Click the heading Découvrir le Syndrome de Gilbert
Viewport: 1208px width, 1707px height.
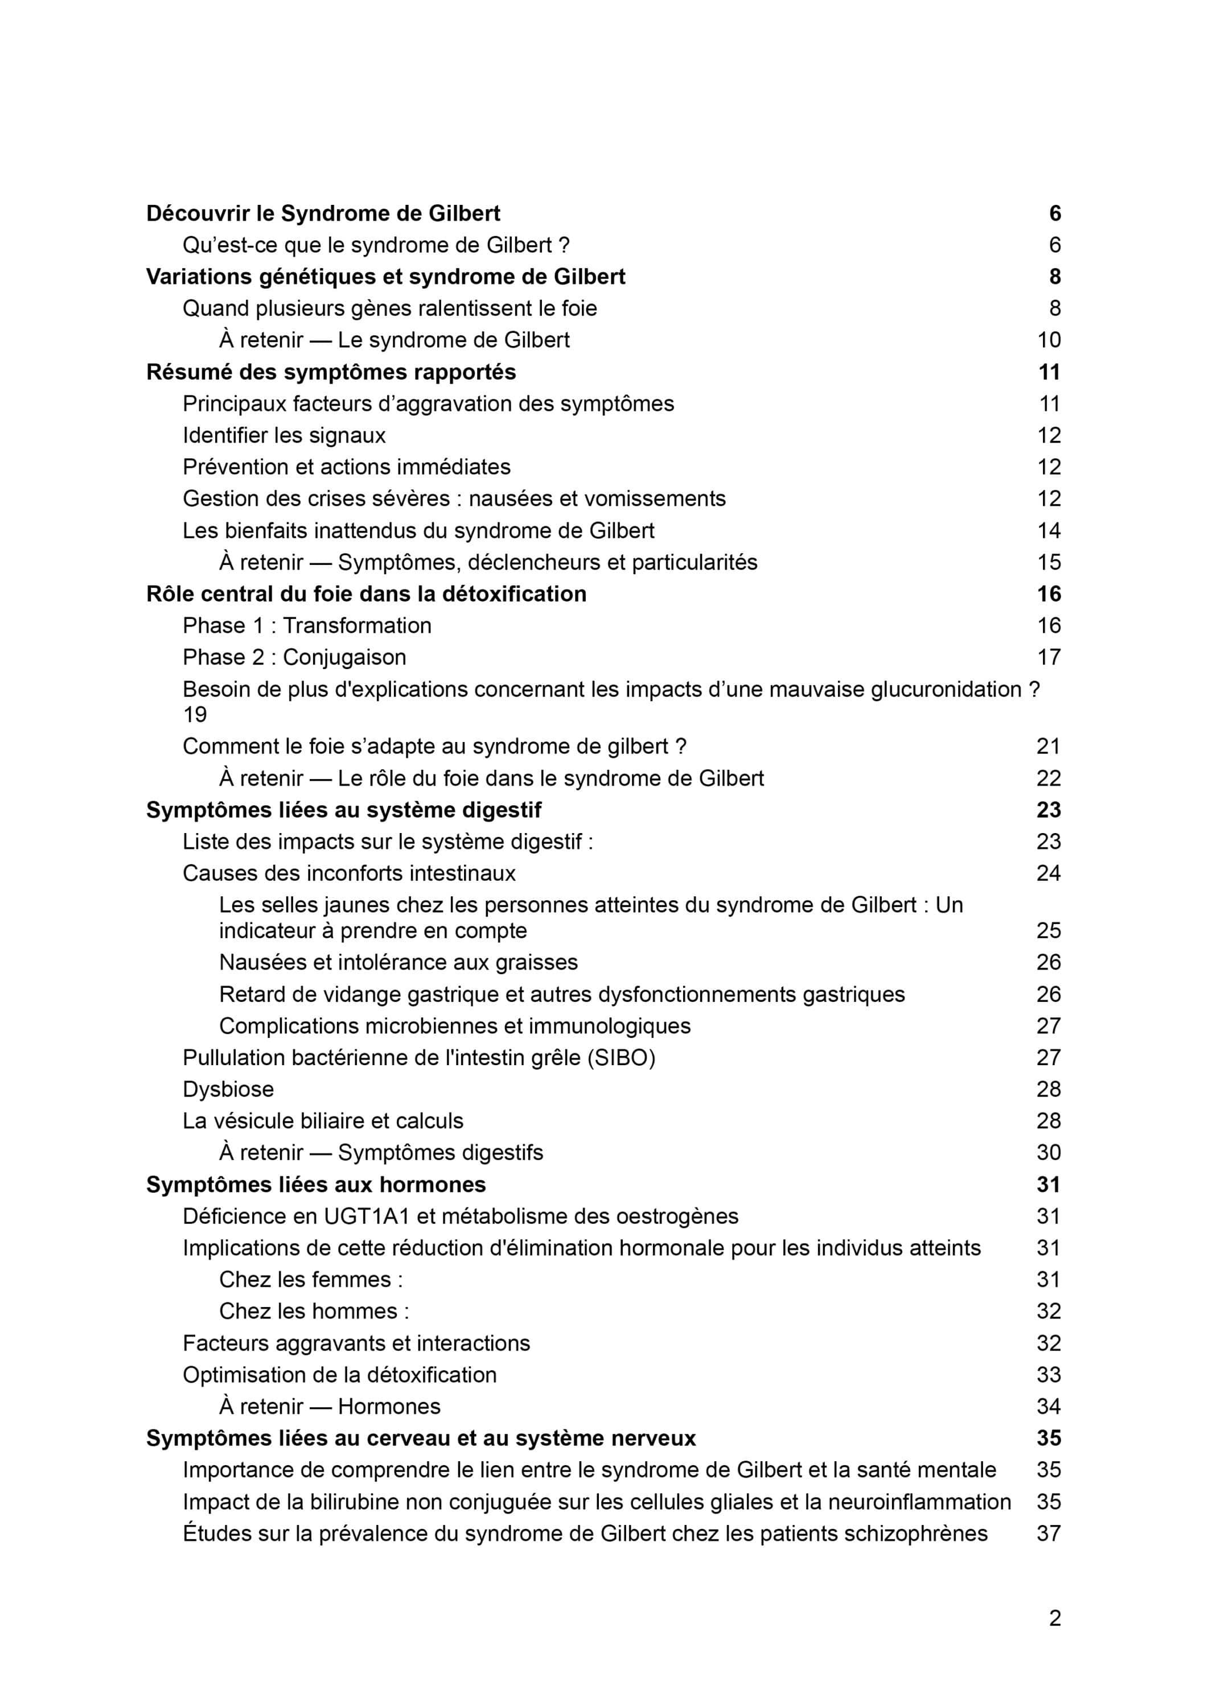coord(323,213)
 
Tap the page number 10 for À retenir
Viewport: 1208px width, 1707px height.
coord(1048,340)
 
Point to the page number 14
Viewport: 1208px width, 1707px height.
coord(1048,530)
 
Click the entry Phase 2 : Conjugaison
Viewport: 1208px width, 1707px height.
coord(294,657)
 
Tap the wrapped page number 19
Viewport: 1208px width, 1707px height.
coord(195,715)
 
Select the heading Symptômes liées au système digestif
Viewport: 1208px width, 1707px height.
coord(344,810)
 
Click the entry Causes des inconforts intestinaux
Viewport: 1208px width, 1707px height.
coord(349,873)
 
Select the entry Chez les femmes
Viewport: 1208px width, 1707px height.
coord(311,1280)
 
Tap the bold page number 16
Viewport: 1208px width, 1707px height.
coord(1048,594)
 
